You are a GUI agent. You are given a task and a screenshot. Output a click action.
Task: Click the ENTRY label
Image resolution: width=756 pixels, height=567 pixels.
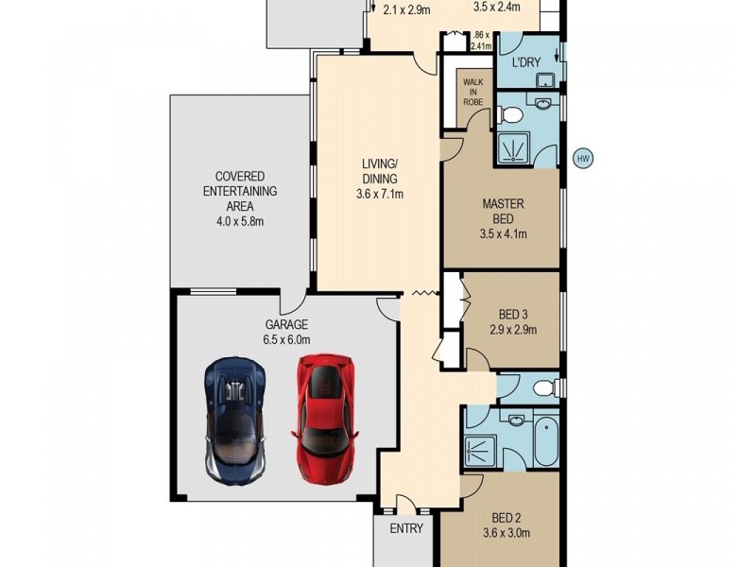405,529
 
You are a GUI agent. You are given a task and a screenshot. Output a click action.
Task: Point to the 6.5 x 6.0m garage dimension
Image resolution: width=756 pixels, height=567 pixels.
286,339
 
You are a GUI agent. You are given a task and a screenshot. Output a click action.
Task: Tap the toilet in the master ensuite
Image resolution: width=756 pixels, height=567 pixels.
511,115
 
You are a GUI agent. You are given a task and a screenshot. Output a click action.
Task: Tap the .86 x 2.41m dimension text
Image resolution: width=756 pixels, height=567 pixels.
481,40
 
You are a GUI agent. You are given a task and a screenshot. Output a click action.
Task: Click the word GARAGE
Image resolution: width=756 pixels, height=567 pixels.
286,324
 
